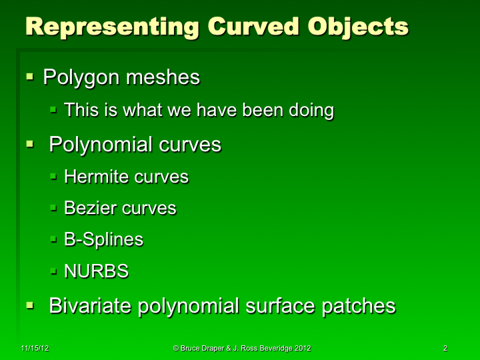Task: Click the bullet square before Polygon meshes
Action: click(30, 78)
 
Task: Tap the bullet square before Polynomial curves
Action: click(30, 144)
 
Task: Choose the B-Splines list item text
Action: click(103, 239)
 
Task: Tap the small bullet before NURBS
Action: click(55, 272)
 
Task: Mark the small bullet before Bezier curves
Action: click(55, 209)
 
